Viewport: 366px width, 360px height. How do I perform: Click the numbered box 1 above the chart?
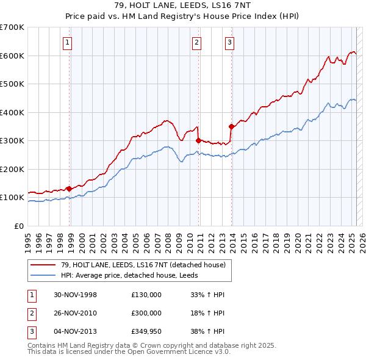point(66,42)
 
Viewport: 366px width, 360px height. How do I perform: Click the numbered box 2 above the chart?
point(196,42)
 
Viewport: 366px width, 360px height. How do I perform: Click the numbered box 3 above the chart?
point(229,42)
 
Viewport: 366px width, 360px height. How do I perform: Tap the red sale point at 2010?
point(198,140)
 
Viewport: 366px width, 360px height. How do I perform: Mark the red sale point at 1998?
point(69,189)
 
